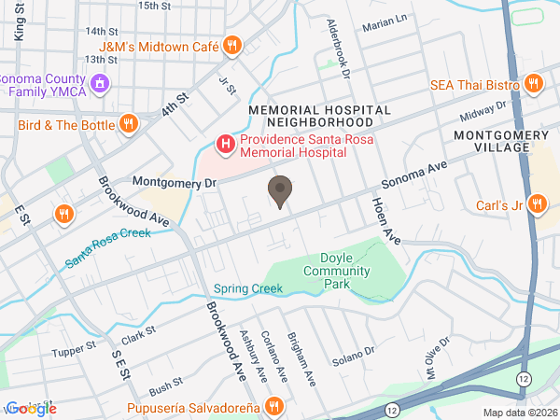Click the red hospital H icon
coord(225,144)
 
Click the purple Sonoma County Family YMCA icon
coord(101,84)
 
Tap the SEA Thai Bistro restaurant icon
coord(534,84)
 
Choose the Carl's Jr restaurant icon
coord(537,204)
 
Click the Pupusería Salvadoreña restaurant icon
coord(273,406)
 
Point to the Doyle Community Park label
coord(337,263)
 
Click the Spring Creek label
coord(247,288)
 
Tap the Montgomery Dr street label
coord(174,181)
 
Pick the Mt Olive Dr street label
coord(438,353)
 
